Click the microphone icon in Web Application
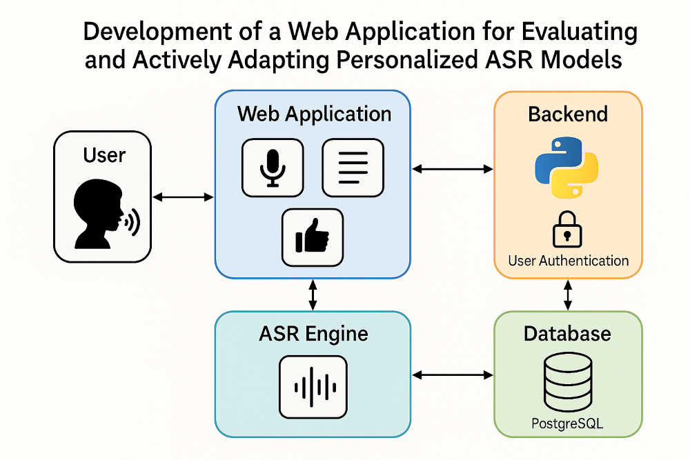click(273, 168)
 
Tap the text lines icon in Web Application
click(353, 168)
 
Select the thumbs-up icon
click(312, 237)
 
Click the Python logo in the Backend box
click(566, 167)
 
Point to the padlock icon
click(567, 230)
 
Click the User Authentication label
click(568, 261)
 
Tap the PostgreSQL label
click(566, 423)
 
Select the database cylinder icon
click(568, 381)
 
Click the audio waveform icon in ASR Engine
click(313, 387)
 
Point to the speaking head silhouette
click(106, 214)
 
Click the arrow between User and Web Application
click(183, 197)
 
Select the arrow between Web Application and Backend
click(453, 169)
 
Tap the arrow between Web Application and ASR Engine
click(313, 295)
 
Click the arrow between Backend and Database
click(568, 295)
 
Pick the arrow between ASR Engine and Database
click(453, 374)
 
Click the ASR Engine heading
click(313, 333)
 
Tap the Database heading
click(567, 334)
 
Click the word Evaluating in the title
click(580, 32)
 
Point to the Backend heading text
click(568, 114)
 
